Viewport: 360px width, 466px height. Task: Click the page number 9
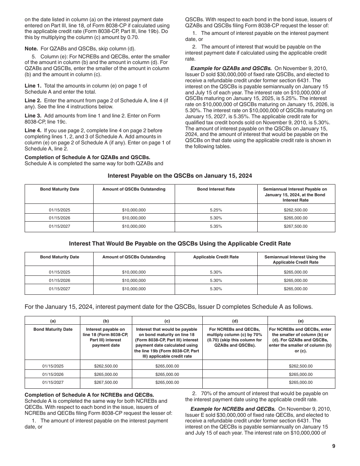[333, 446]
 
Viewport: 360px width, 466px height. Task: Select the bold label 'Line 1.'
[33, 86]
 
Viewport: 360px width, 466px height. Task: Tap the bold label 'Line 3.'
[33, 116]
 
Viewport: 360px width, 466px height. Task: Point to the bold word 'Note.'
[31, 48]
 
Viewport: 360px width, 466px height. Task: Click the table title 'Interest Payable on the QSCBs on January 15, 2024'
[180, 175]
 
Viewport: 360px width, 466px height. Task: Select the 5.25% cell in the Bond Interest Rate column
[216, 210]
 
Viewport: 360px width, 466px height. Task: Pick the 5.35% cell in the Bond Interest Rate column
[216, 226]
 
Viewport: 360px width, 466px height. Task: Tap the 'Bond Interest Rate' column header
[216, 189]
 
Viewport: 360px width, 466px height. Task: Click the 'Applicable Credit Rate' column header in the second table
[216, 257]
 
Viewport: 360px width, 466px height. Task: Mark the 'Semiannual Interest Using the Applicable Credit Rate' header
[295, 260]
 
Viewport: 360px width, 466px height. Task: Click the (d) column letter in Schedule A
[235, 321]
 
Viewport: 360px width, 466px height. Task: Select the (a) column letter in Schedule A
[53, 321]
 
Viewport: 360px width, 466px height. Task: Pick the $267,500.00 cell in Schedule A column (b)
[106, 382]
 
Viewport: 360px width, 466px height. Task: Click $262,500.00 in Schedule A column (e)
[301, 366]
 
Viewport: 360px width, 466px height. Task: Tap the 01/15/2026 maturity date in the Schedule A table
[53, 374]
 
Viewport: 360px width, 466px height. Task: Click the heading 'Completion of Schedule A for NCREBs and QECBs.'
[89, 395]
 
